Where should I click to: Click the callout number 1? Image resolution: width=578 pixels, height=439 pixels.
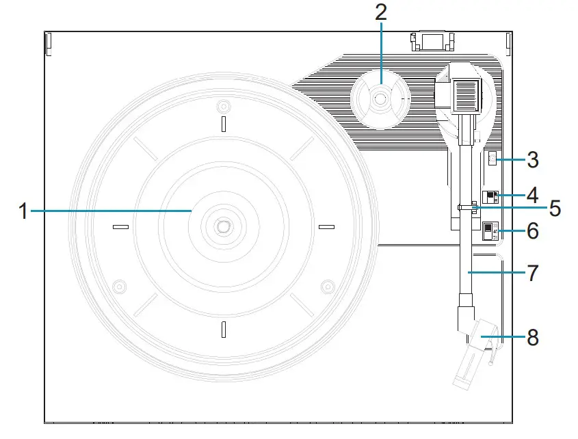pos(23,211)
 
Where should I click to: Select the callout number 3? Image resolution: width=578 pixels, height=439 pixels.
pos(534,161)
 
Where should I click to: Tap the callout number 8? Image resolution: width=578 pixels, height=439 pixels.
pos(533,337)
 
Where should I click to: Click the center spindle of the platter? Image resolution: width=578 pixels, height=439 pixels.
pos(223,225)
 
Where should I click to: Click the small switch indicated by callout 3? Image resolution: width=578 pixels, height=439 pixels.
pos(492,161)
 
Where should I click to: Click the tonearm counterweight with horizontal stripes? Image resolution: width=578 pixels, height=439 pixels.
pos(465,92)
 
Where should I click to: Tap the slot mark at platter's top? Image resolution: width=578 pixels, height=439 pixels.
pos(223,122)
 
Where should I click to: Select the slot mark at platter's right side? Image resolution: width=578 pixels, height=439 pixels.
pos(326,226)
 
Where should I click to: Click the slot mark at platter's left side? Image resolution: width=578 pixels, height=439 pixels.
pos(120,226)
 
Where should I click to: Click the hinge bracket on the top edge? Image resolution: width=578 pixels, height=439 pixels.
pos(430,41)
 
